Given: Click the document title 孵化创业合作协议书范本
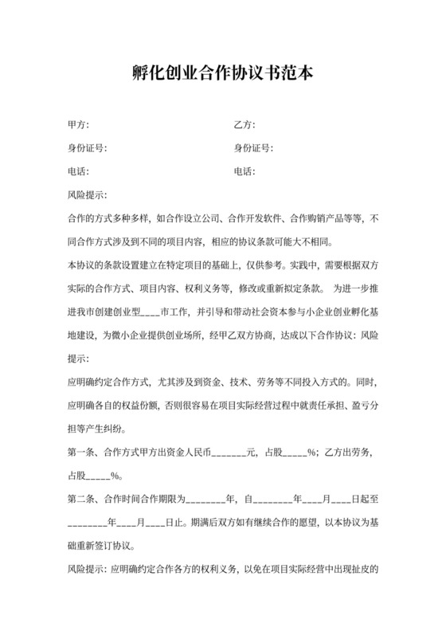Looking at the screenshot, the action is [222, 74].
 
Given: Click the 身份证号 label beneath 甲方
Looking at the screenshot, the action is [87, 148].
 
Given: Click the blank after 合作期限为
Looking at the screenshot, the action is [205, 500].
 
